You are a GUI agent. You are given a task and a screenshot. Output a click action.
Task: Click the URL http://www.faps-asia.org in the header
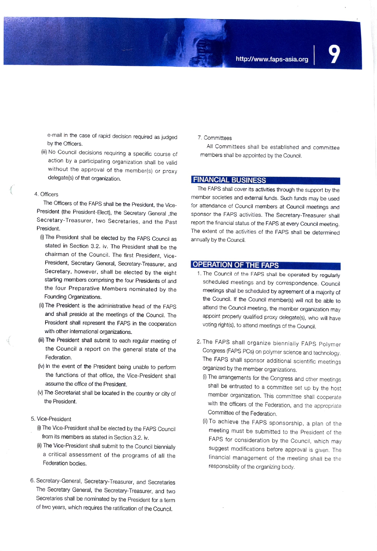tap(272, 59)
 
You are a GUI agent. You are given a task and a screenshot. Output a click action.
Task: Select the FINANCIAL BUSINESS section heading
tap(229, 180)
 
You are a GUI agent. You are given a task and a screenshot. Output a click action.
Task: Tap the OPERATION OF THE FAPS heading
tap(236, 265)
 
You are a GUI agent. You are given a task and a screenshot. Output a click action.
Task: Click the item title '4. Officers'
tap(46, 194)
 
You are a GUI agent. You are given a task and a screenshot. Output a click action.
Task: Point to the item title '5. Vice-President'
tap(51, 419)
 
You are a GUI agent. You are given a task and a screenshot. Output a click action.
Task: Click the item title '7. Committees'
tap(215, 138)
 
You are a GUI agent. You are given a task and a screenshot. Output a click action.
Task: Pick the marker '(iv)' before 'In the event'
tap(41, 367)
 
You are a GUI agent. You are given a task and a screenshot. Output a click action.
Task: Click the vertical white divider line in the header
tap(314, 55)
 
